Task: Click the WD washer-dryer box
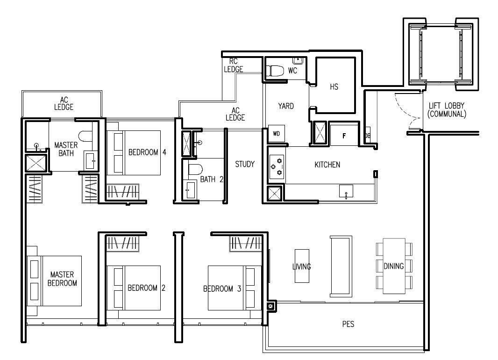click(276, 133)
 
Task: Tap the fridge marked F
click(344, 136)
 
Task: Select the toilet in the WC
click(275, 71)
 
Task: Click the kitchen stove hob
click(276, 167)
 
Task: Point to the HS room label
click(334, 87)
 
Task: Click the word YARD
click(286, 106)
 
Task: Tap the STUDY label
click(245, 164)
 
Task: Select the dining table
click(394, 266)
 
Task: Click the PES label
click(349, 324)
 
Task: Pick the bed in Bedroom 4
click(134, 153)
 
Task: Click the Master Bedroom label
click(62, 279)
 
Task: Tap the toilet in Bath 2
click(196, 169)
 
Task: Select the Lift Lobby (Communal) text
click(447, 109)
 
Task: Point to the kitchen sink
click(346, 191)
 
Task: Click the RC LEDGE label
click(234, 65)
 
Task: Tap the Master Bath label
click(66, 149)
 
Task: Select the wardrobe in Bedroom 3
click(246, 244)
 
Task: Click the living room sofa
click(341, 266)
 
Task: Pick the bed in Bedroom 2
click(134, 288)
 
